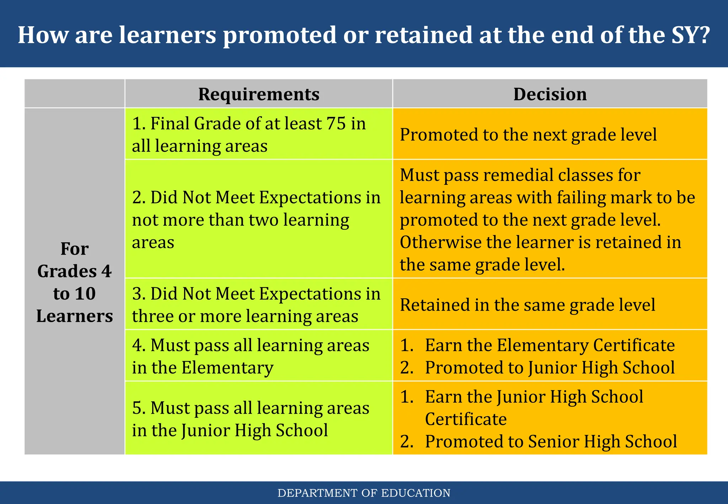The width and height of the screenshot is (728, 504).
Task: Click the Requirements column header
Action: click(x=258, y=94)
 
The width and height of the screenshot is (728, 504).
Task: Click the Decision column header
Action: click(x=550, y=94)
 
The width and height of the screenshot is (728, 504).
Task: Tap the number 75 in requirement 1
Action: click(x=336, y=124)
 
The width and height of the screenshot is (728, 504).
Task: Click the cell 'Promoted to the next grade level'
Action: click(x=528, y=134)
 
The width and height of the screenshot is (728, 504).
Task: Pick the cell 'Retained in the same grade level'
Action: click(x=527, y=305)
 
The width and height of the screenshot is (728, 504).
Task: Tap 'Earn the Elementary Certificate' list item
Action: click(x=550, y=345)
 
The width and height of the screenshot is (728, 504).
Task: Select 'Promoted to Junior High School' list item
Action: click(x=550, y=368)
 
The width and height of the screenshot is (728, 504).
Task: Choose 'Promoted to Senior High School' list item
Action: click(x=551, y=441)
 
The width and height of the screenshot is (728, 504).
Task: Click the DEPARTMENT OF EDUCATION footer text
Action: click(x=364, y=493)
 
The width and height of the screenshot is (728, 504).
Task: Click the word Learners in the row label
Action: click(x=75, y=316)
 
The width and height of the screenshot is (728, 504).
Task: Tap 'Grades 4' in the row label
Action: click(x=75, y=271)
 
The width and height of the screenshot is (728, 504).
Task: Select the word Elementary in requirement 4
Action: click(x=227, y=368)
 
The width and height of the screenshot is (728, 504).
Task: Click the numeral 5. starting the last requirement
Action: click(x=139, y=408)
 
